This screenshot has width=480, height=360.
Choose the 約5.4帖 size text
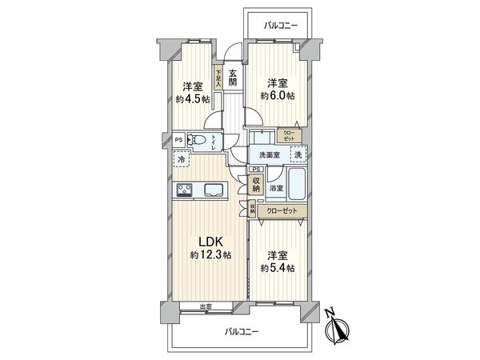[x=277, y=267]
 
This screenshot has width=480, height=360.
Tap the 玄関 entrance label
[x=232, y=77]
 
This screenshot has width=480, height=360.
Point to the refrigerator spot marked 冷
[x=183, y=160]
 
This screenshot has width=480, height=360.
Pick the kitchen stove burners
[x=184, y=190]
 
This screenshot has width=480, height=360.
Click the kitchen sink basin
[x=215, y=190]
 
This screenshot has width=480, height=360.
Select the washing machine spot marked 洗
[x=297, y=154]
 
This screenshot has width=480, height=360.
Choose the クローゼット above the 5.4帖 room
[x=282, y=210]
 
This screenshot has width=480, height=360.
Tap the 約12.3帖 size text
[x=210, y=255]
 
